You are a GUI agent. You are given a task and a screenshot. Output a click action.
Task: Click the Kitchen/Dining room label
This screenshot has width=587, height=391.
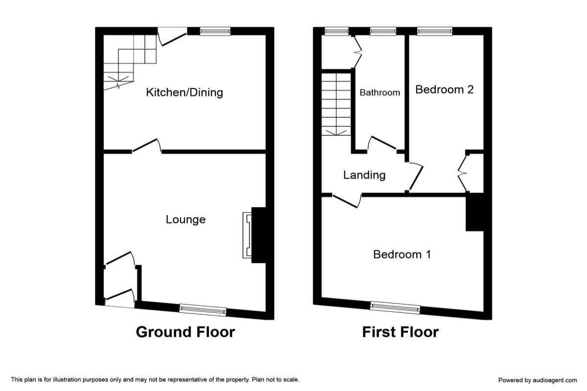(184, 92)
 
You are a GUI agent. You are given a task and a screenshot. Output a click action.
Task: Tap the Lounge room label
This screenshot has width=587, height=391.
(185, 219)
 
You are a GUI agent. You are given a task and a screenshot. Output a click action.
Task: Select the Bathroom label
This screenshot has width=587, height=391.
(380, 92)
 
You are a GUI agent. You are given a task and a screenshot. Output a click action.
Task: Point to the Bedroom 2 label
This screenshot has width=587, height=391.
(444, 89)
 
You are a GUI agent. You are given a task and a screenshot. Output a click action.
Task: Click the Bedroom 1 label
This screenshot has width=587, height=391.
(402, 254)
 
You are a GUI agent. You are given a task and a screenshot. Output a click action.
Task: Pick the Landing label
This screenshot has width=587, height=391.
(364, 175)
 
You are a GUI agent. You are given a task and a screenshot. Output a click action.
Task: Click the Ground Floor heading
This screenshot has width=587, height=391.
(185, 332)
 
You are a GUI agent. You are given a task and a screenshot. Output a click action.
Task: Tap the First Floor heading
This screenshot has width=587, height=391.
(400, 332)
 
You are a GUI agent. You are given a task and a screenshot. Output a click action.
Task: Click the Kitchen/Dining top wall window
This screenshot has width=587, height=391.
(215, 31)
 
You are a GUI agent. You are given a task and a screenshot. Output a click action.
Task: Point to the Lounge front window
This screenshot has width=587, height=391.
(203, 309)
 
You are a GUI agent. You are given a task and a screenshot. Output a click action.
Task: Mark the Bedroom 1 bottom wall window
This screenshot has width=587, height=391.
(395, 307)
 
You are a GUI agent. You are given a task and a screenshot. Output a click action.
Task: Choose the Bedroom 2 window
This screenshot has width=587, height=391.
(434, 31)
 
